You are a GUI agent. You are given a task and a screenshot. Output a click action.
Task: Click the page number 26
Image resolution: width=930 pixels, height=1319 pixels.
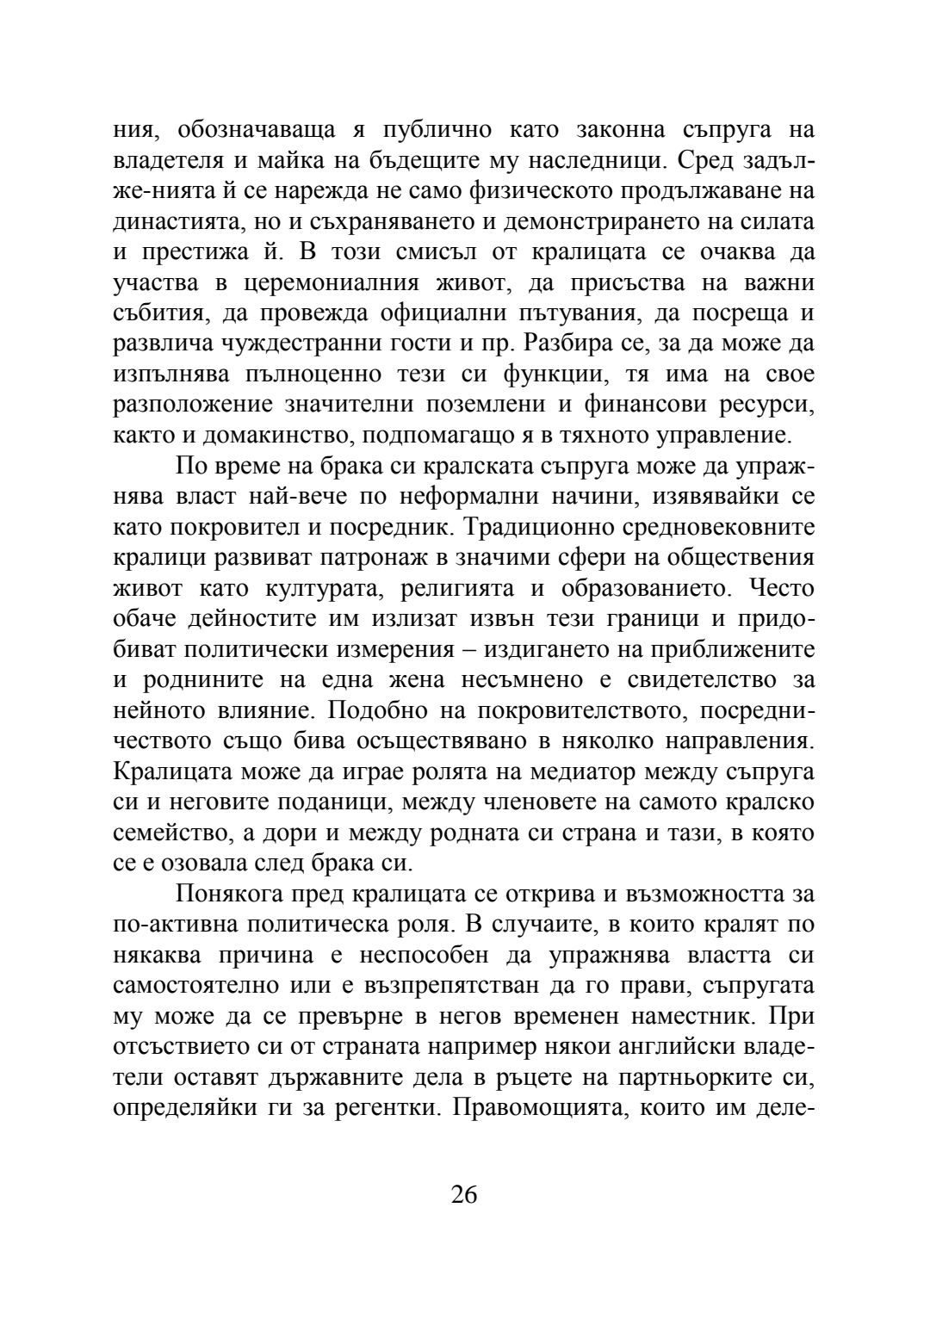click(464, 1194)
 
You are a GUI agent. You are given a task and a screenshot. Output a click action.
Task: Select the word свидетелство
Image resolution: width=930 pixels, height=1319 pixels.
click(698, 680)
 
